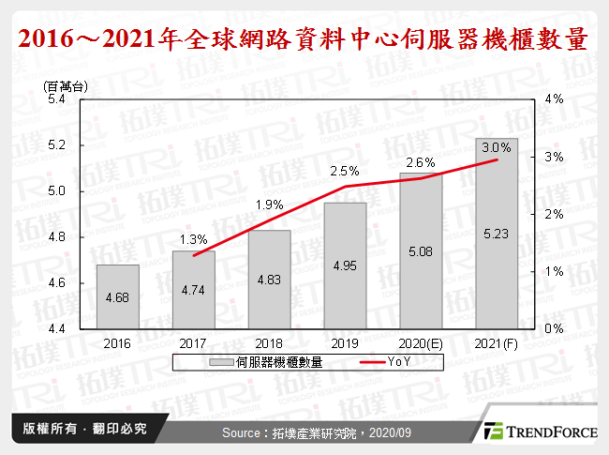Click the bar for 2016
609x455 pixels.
coord(118,296)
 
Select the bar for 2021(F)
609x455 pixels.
coord(497,234)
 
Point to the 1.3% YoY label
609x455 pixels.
coord(194,238)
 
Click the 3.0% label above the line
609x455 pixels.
coord(497,147)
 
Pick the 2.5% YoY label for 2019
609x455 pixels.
coord(345,172)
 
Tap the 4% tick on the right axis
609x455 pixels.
coord(553,99)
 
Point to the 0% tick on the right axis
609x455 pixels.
coord(553,329)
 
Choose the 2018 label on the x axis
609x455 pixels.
coord(270,345)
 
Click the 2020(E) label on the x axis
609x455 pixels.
coord(421,345)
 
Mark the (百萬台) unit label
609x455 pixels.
coord(66,85)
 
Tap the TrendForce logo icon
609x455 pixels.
coord(492,432)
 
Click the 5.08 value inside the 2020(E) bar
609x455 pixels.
coord(421,250)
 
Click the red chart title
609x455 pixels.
coord(304,40)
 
